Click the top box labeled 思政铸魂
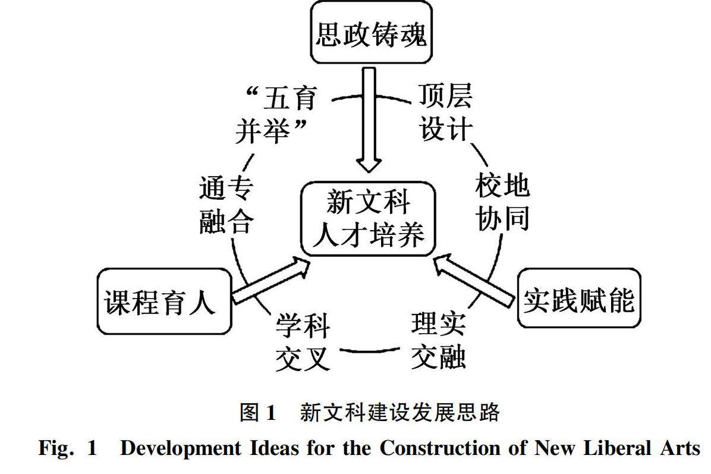[371, 34]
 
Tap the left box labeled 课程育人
[164, 302]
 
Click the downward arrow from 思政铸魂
[370, 119]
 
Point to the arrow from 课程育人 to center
[270, 280]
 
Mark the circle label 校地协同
[502, 202]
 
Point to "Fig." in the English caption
[55, 448]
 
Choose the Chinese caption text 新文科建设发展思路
[399, 412]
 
